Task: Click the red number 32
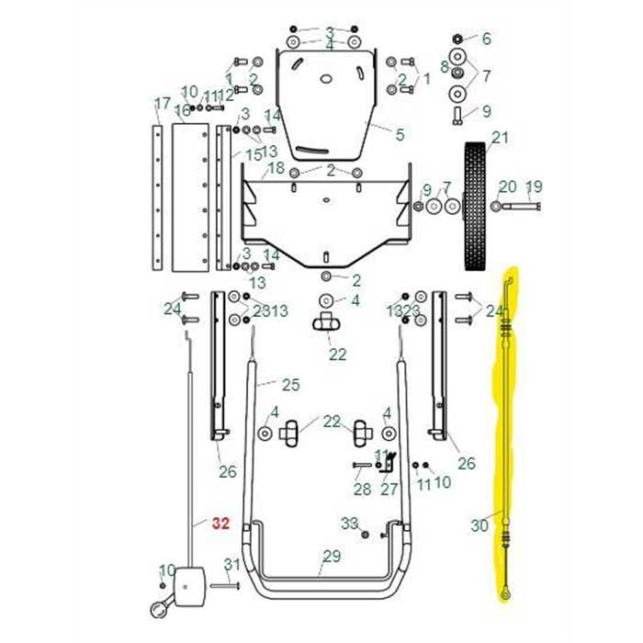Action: tap(220, 525)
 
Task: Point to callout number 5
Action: tap(400, 135)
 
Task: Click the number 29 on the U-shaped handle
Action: tap(331, 556)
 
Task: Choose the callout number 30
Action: tap(479, 525)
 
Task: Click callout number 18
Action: tap(276, 169)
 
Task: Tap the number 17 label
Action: tap(162, 102)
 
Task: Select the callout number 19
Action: tap(534, 187)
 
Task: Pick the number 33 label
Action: tap(349, 523)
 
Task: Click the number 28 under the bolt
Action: tap(362, 489)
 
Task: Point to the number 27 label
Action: tap(389, 489)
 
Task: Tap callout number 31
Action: tap(232, 564)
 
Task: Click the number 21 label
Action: tap(499, 139)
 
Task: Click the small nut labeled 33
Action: tap(366, 534)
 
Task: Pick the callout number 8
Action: tap(445, 66)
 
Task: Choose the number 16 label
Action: tap(182, 111)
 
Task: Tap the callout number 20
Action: tap(507, 187)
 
